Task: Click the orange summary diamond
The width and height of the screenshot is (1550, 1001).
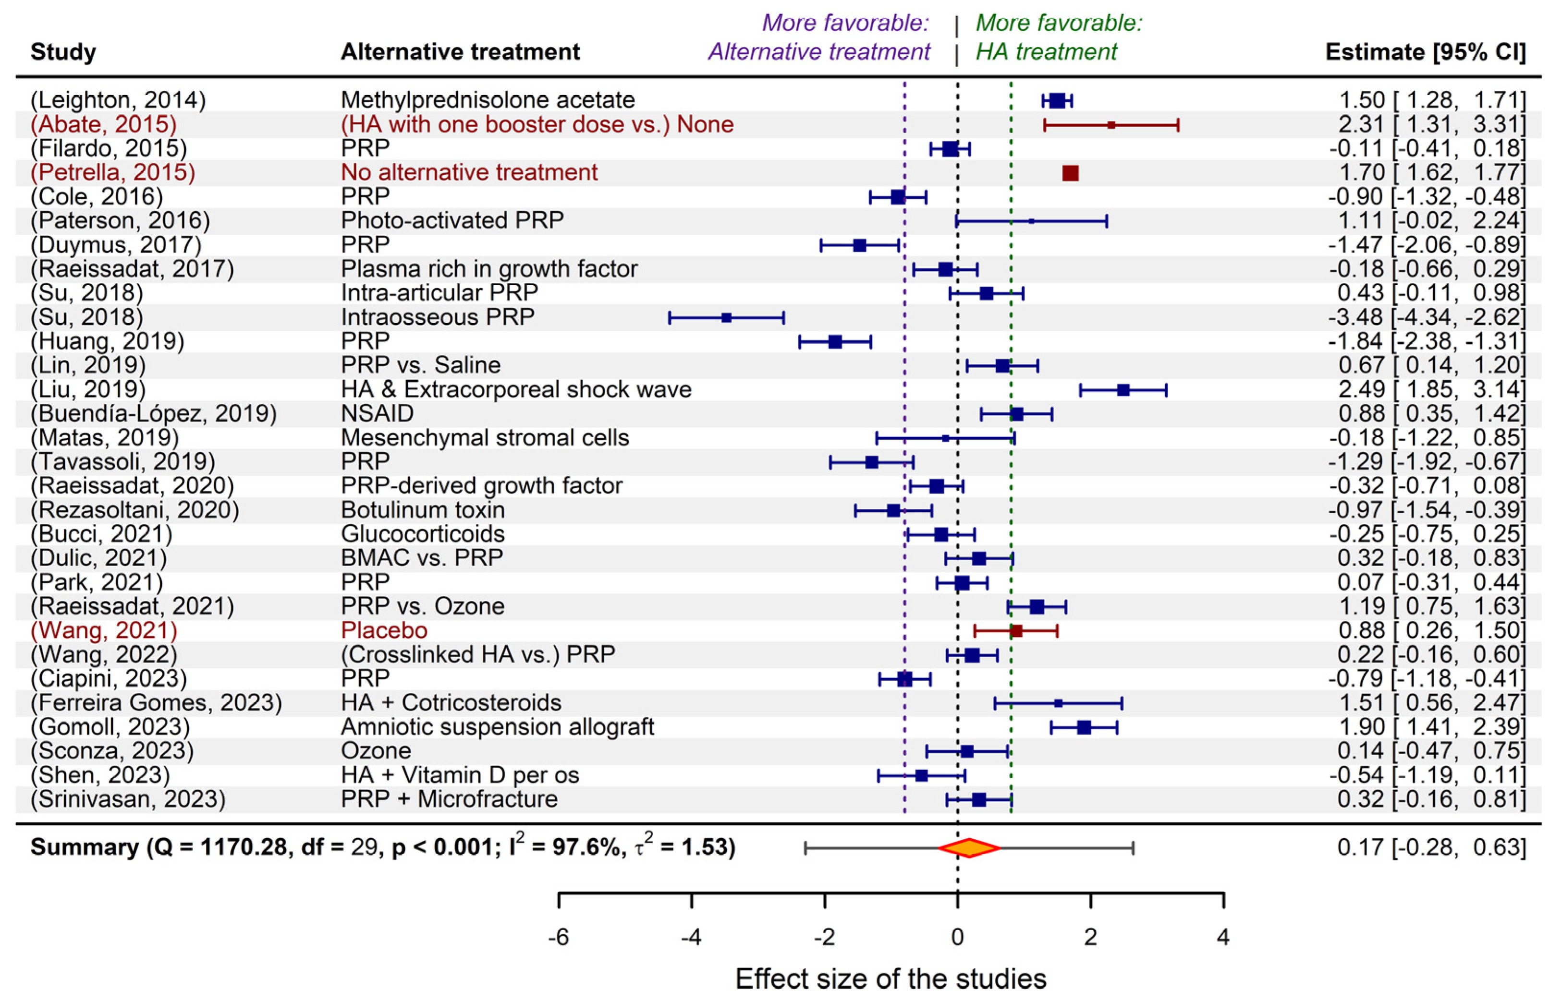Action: click(968, 847)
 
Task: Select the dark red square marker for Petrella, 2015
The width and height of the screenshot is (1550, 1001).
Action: click(1070, 173)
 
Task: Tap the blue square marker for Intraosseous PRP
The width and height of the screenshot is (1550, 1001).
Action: click(726, 318)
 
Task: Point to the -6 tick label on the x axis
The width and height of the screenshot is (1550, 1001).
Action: click(559, 937)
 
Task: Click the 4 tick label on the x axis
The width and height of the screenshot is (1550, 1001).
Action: click(1223, 937)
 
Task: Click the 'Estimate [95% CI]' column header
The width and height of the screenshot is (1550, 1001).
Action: click(1425, 52)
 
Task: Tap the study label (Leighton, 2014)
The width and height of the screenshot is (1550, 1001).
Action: click(118, 100)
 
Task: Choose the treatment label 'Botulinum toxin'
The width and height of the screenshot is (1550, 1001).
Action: click(423, 510)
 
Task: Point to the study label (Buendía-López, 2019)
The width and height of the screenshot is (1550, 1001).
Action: click(153, 413)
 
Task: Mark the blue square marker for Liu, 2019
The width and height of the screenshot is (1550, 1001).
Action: click(1123, 390)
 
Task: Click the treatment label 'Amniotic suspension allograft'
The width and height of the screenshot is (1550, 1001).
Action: click(498, 727)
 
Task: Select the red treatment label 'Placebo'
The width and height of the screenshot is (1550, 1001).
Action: click(384, 630)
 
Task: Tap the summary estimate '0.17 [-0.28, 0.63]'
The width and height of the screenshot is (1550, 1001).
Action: click(1431, 847)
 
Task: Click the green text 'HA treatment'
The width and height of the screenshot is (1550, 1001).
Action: click(1046, 52)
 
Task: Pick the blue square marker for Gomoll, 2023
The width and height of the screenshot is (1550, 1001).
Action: click(1084, 727)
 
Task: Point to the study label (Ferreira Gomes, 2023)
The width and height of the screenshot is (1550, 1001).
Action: click(156, 703)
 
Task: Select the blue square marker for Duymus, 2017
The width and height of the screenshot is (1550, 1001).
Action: click(859, 245)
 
